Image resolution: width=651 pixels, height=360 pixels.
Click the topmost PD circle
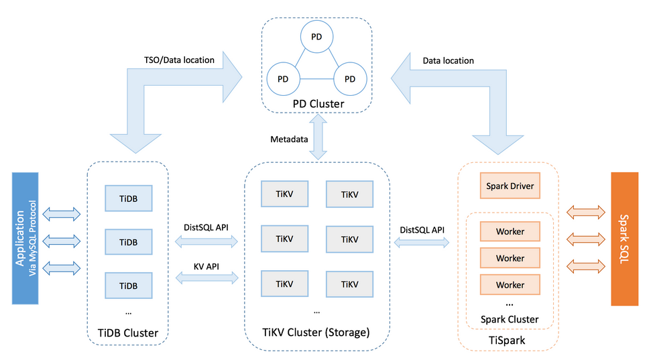[x=316, y=37]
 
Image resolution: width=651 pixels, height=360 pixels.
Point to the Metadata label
[x=289, y=139]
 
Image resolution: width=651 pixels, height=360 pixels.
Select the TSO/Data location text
[x=178, y=60]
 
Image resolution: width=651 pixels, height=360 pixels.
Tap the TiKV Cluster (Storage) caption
[x=316, y=332]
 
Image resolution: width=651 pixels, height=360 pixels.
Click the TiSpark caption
[x=508, y=341]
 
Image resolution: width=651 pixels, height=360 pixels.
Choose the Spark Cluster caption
[x=510, y=319]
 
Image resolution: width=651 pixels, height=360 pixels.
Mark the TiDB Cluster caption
[x=127, y=333]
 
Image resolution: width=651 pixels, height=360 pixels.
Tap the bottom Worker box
[x=510, y=285]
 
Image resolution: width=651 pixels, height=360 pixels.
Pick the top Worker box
[x=510, y=231]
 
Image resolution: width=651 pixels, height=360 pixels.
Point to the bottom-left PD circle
[x=284, y=79]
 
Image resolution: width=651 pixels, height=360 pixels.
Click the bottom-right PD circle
[x=349, y=79]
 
